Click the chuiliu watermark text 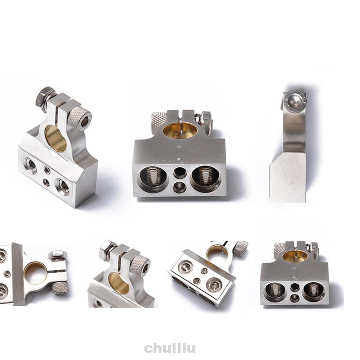pos(170,348)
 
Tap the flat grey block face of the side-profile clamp pos(288,177)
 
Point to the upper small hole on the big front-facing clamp pos(179,172)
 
